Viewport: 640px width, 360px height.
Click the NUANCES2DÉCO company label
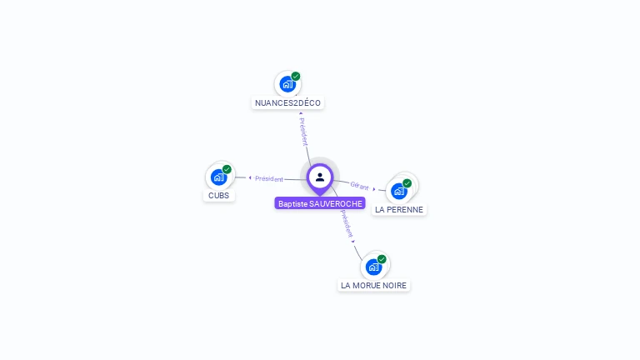(x=287, y=102)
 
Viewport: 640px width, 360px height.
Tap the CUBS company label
(x=219, y=196)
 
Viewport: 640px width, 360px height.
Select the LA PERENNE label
(x=399, y=210)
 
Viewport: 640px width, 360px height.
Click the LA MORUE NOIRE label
(x=374, y=285)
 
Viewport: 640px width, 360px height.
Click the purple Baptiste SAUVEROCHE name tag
(x=320, y=203)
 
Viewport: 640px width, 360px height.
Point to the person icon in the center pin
(x=320, y=177)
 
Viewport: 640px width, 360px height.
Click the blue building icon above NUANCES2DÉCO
(x=287, y=84)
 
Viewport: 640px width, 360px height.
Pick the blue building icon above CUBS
(x=219, y=177)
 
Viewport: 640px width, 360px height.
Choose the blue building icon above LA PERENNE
(x=399, y=191)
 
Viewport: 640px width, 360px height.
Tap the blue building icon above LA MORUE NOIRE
(x=373, y=267)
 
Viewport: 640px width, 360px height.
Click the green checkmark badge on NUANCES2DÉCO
(x=296, y=77)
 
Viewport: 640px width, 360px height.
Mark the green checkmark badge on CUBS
(x=227, y=169)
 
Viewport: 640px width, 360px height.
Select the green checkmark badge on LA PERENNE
(x=407, y=183)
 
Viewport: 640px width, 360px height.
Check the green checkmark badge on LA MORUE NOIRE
(x=382, y=259)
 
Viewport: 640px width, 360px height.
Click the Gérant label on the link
(x=359, y=186)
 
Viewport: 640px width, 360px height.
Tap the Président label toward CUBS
(x=269, y=179)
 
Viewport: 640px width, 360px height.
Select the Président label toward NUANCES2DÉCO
(x=303, y=132)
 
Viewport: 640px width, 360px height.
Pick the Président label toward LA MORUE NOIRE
(x=347, y=223)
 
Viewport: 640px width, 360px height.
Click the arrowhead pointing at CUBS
(x=250, y=178)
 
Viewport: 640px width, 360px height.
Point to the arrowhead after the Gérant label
(x=374, y=189)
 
